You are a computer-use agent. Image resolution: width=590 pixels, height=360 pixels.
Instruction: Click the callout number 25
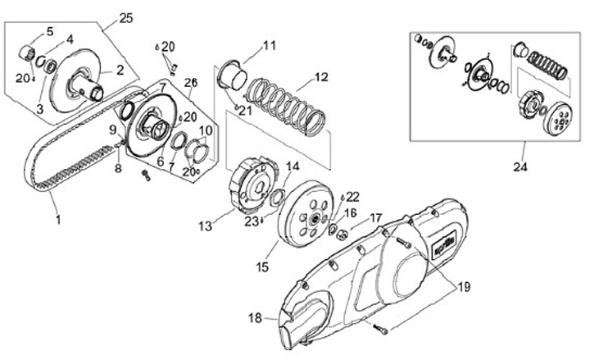click(x=125, y=17)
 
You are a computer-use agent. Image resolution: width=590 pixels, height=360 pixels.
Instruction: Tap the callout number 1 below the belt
click(x=57, y=221)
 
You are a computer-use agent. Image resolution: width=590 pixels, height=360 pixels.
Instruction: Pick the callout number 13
click(x=205, y=225)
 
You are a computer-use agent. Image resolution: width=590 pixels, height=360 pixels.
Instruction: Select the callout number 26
click(x=191, y=82)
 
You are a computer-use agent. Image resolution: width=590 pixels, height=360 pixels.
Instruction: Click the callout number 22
click(x=352, y=196)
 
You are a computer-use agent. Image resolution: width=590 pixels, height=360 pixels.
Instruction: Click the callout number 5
click(x=48, y=31)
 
